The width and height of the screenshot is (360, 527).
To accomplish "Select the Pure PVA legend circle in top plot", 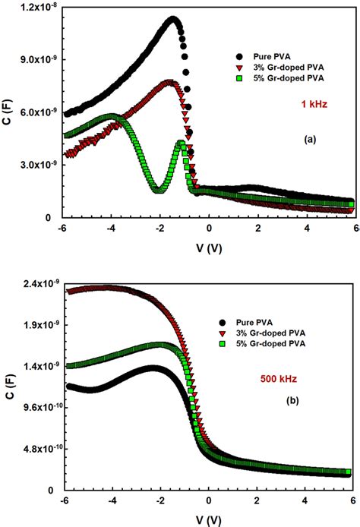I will pyautogui.click(x=241, y=56).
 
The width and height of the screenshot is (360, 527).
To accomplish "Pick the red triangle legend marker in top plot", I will pyautogui.click(x=241, y=67).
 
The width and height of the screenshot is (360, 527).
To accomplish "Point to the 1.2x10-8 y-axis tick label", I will pyautogui.click(x=36, y=7).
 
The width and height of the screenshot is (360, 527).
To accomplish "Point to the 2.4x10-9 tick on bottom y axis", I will pyautogui.click(x=36, y=284).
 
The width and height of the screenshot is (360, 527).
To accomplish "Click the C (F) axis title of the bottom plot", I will pyautogui.click(x=7, y=388).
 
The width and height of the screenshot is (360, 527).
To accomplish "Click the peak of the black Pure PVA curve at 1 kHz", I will pyautogui.click(x=173, y=19).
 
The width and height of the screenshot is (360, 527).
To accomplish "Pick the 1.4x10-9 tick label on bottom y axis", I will pyautogui.click(x=36, y=366).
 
